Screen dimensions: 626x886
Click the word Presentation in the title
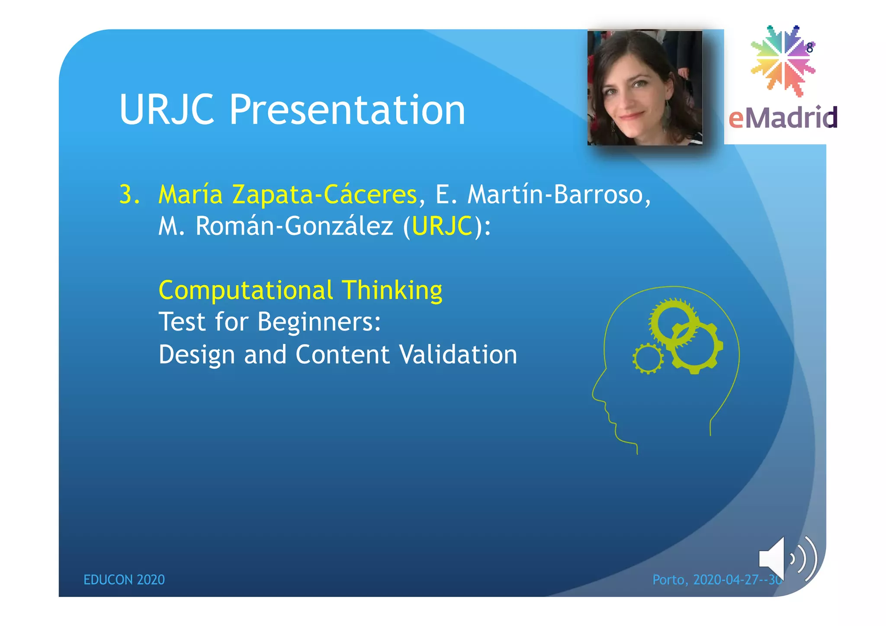[x=347, y=110]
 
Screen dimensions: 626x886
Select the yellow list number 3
[x=129, y=195]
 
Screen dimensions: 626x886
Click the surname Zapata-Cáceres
[x=324, y=195]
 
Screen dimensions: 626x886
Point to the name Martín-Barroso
[x=559, y=195]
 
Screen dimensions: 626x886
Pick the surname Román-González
[x=294, y=226]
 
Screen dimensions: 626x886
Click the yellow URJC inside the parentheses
[x=442, y=226]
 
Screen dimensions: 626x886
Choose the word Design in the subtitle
[x=197, y=355]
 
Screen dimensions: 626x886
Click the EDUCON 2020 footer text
[x=124, y=580]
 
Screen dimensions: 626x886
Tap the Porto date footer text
[x=716, y=580]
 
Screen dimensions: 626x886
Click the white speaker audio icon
[x=786, y=559]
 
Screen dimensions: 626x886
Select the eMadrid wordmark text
[x=783, y=118]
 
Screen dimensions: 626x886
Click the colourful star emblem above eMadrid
[x=782, y=61]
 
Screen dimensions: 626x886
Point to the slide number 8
[x=810, y=48]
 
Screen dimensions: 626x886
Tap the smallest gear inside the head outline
[x=648, y=359]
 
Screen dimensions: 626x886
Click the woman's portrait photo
[x=645, y=88]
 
